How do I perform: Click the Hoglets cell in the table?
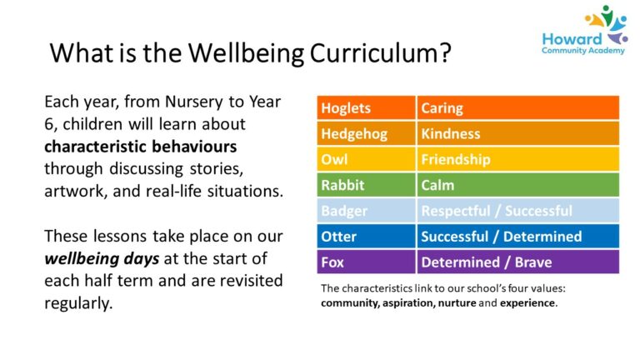tap(366, 108)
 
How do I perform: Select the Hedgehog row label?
tap(366, 133)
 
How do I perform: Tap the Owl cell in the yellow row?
tap(366, 159)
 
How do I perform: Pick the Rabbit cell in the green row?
tap(366, 185)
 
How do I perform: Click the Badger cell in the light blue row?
tap(366, 211)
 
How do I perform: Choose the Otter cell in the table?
tap(366, 237)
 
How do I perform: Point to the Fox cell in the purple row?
tap(366, 262)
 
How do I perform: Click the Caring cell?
tap(517, 108)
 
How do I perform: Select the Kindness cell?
tap(517, 133)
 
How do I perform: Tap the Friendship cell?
tap(517, 159)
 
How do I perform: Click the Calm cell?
tap(517, 185)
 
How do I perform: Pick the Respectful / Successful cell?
tap(517, 211)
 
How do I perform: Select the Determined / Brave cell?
tap(517, 262)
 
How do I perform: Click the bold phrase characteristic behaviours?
tap(140, 147)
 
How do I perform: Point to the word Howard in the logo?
tap(572, 38)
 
